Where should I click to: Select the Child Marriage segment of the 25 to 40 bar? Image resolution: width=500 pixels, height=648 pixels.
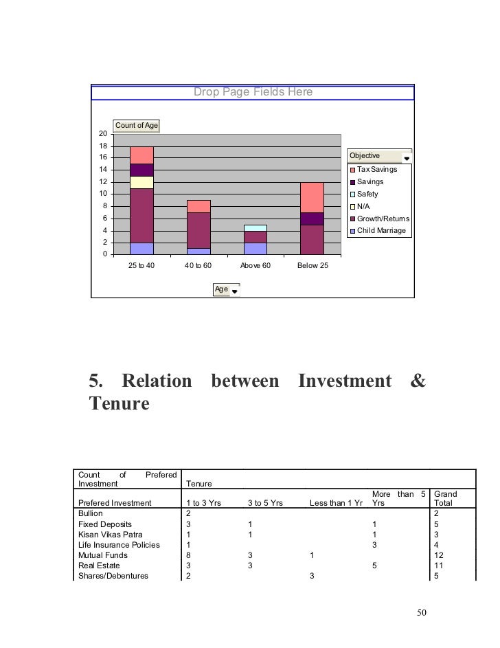142,248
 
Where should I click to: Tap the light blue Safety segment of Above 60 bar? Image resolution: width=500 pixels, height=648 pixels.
255,227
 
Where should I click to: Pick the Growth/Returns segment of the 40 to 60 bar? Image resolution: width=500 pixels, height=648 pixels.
198,230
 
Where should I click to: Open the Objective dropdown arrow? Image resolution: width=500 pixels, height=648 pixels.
407,158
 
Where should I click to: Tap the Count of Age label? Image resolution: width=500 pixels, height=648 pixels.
137,125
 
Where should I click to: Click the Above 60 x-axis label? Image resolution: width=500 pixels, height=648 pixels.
255,265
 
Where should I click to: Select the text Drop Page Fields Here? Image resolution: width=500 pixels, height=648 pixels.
253,91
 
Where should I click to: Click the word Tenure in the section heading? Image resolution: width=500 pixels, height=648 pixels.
119,404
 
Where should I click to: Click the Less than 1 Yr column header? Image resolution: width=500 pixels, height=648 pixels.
336,503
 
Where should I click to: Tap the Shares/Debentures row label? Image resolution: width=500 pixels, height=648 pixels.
113,576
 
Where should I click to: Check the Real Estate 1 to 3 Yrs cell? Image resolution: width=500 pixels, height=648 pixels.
189,566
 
